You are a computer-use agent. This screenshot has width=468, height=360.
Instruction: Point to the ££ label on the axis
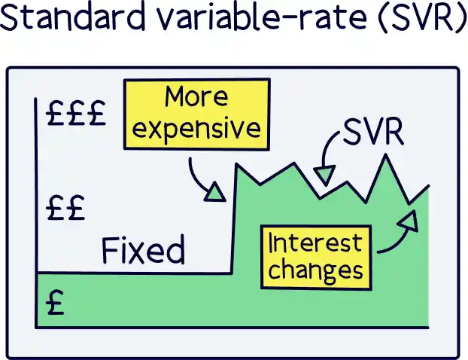click(x=65, y=206)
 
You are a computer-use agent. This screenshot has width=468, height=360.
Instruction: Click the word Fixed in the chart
click(x=143, y=249)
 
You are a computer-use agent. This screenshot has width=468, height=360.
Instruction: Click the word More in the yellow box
click(x=196, y=97)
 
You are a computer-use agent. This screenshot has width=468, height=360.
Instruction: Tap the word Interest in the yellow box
click(x=315, y=243)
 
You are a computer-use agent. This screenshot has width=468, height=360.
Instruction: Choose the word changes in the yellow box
click(x=315, y=270)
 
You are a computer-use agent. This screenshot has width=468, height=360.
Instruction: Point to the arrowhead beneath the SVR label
click(x=324, y=175)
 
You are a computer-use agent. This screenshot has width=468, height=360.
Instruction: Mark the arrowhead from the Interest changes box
click(x=409, y=219)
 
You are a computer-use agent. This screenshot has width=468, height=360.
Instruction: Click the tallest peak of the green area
click(x=387, y=158)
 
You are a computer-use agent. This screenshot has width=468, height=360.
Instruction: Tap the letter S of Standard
click(x=11, y=20)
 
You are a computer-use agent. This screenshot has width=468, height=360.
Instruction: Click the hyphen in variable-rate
click(x=258, y=22)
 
